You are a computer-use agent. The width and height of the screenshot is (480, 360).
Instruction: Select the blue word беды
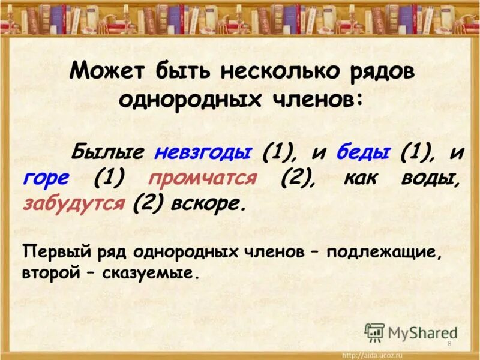point(362,152)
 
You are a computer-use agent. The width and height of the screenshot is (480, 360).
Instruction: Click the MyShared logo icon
point(375,332)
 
